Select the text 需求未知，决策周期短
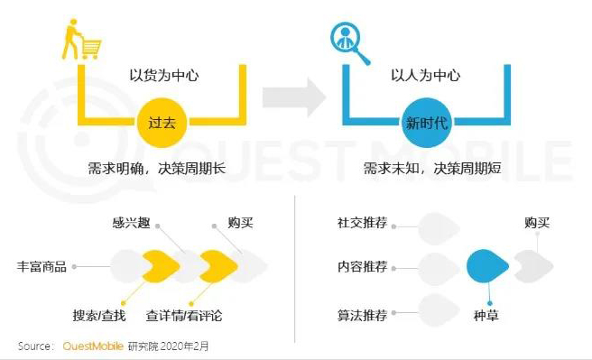click(425, 169)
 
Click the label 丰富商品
click(41, 266)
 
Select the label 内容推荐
click(361, 266)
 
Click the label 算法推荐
click(361, 315)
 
